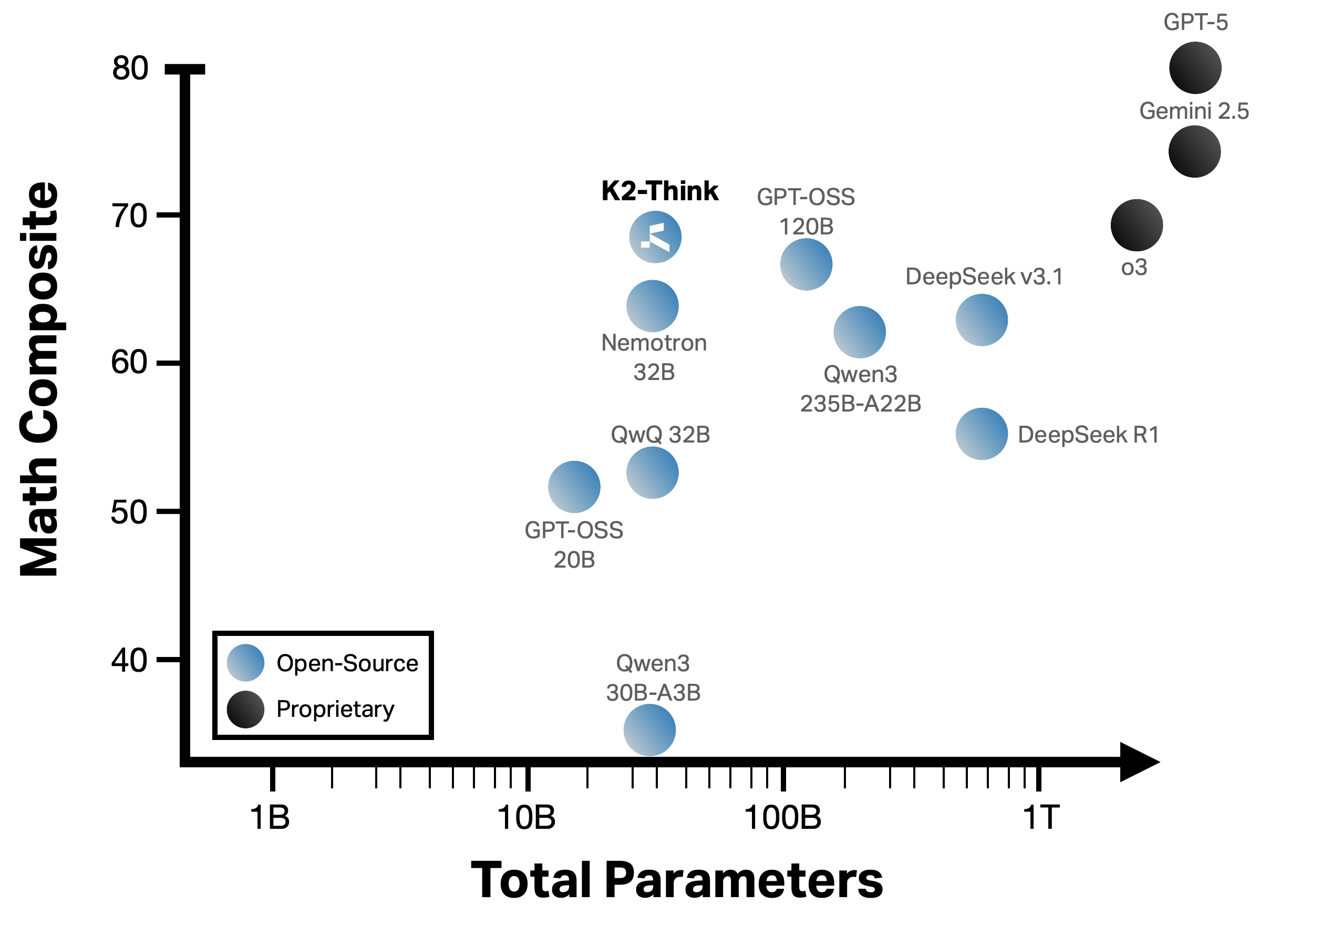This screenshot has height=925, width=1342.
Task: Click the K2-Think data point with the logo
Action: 655,237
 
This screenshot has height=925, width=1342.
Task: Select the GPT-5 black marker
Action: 1195,68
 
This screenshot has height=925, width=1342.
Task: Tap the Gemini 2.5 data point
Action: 1194,151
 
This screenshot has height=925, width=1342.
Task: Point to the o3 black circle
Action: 1137,225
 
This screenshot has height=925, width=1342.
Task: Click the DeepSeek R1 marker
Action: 982,434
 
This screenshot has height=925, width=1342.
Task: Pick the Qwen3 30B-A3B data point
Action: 649,730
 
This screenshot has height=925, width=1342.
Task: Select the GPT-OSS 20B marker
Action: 574,487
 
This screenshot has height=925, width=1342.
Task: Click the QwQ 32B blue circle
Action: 653,472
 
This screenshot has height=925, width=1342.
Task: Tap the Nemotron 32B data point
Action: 653,306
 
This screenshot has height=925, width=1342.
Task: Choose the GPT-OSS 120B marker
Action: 806,264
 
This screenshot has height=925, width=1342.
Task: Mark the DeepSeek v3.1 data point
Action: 982,320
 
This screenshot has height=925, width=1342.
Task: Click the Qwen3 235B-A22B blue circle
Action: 859,332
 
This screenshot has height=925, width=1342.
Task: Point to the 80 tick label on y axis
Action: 130,68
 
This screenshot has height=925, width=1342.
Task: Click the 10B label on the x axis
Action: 526,818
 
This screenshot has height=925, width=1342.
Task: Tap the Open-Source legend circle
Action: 246,662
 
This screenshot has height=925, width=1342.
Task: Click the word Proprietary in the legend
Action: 335,709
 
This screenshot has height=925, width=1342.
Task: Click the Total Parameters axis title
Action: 676,880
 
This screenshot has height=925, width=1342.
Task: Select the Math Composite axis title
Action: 39,379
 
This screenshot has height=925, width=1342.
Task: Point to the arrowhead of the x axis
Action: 1139,762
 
